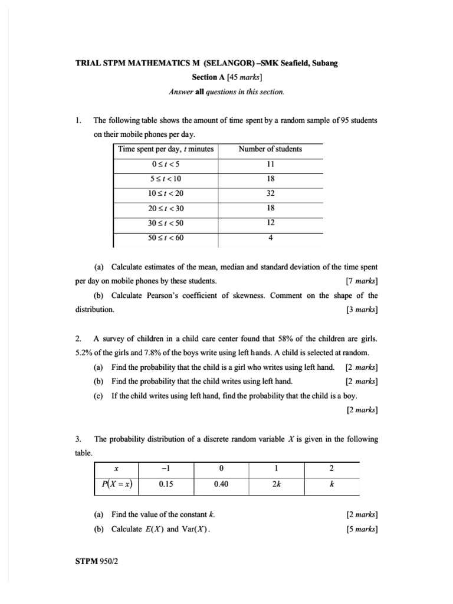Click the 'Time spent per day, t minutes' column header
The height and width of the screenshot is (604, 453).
pyautogui.click(x=166, y=149)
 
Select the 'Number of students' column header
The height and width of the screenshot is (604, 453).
pyautogui.click(x=270, y=149)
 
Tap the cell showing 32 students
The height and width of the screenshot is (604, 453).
pyautogui.click(x=270, y=193)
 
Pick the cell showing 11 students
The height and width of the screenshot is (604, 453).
pyautogui.click(x=270, y=164)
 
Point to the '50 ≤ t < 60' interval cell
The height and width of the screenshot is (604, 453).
pyautogui.click(x=166, y=238)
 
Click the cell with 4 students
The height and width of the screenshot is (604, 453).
pyautogui.click(x=270, y=238)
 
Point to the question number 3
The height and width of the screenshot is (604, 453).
pyautogui.click(x=78, y=439)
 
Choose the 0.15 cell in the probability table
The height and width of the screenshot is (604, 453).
pyautogui.click(x=166, y=485)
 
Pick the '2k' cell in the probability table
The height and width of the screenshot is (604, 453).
pyautogui.click(x=276, y=485)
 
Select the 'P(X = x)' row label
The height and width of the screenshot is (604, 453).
pyautogui.click(x=117, y=485)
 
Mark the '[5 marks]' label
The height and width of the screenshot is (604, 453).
pyautogui.click(x=362, y=529)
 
